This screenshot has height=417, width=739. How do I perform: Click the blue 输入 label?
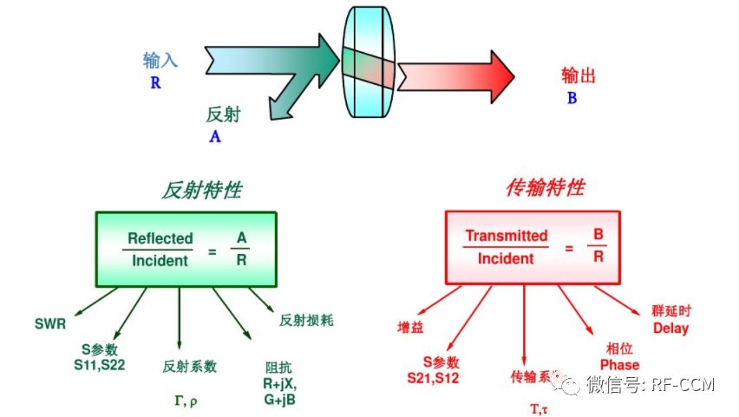[160, 61]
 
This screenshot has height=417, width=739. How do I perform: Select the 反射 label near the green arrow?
[223, 114]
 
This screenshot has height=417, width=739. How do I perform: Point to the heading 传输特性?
[545, 188]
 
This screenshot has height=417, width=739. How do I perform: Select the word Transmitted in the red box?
[507, 236]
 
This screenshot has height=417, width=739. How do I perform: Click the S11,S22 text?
[100, 365]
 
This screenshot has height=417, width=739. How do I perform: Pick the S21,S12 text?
[434, 378]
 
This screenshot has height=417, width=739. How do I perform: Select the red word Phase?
[618, 364]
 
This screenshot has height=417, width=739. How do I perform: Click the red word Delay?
[670, 328]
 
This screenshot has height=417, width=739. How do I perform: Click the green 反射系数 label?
[189, 367]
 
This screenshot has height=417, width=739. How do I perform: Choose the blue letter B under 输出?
[572, 98]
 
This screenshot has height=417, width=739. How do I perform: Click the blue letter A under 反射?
[215, 137]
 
